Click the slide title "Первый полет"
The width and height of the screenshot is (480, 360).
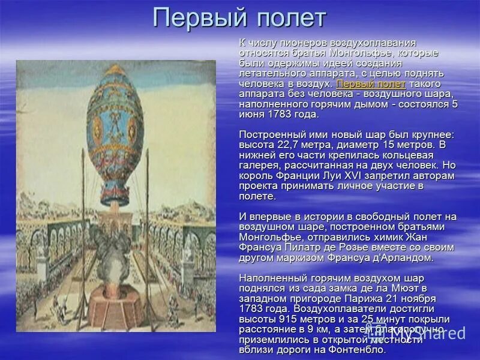(x=239, y=17)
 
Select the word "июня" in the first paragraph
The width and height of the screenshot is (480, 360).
(x=253, y=114)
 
